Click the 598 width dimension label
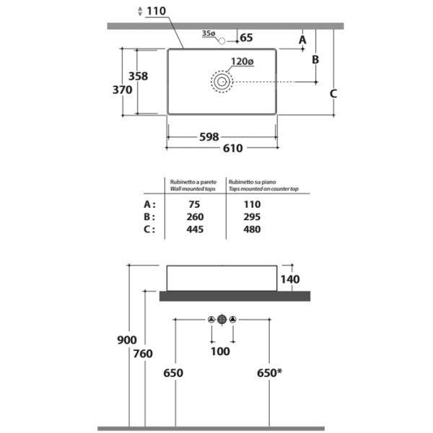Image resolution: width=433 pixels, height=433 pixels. pos(209,137)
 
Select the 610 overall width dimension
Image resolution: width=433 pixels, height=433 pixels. pos(233,148)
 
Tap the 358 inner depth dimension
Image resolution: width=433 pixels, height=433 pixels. pos(138,76)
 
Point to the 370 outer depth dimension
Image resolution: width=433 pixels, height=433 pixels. pos(123,89)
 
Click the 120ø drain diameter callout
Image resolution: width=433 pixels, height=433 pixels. pos(242,61)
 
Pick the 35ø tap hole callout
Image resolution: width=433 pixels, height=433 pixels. pos(209,33)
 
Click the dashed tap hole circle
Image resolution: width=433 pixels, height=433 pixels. pos(222,41)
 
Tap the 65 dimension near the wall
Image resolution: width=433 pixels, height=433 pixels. pos(246,38)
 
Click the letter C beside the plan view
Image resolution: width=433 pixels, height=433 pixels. pos(333,94)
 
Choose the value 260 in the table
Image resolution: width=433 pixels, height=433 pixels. pos(195,216)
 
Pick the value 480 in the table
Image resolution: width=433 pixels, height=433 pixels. pos(252,229)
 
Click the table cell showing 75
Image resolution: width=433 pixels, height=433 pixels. pos(194,204)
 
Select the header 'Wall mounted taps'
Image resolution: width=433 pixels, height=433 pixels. pos(193,189)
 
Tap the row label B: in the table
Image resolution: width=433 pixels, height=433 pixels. pos(149,216)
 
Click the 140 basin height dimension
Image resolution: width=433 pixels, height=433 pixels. pos(290,279)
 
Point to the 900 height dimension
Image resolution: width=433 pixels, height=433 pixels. pos(127,340)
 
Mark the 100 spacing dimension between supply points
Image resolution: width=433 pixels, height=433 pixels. pos(220,351)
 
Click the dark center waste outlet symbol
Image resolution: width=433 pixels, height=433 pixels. pos(222,320)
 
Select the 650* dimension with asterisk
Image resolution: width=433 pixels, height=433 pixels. pos(269,373)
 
